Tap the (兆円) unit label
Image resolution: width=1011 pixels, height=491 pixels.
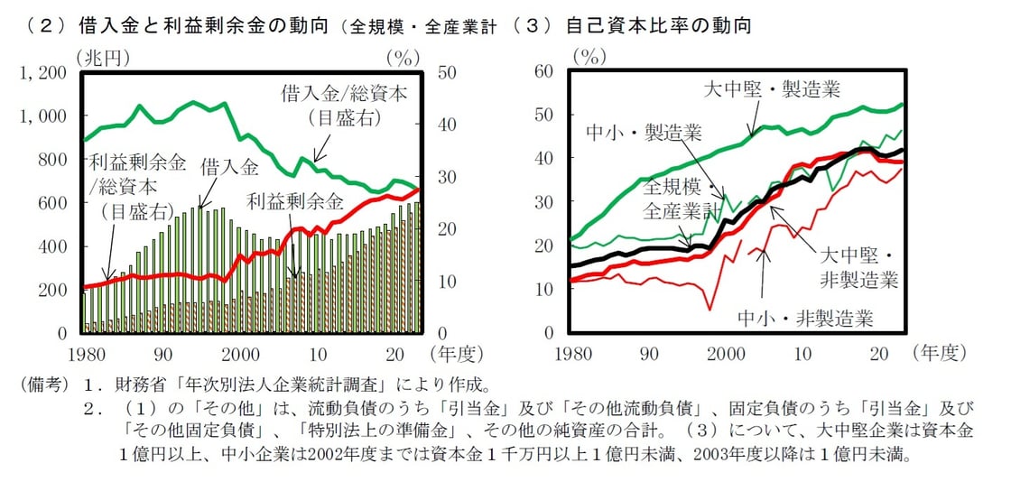click(x=105, y=57)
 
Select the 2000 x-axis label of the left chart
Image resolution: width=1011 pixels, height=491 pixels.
click(x=241, y=353)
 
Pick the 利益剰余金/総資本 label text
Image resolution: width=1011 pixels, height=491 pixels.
click(x=138, y=176)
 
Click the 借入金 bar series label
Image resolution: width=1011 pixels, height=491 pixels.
click(x=229, y=167)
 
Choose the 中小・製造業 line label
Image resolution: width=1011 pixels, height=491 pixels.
click(x=645, y=133)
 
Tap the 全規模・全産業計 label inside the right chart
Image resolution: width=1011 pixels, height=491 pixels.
click(x=683, y=200)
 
